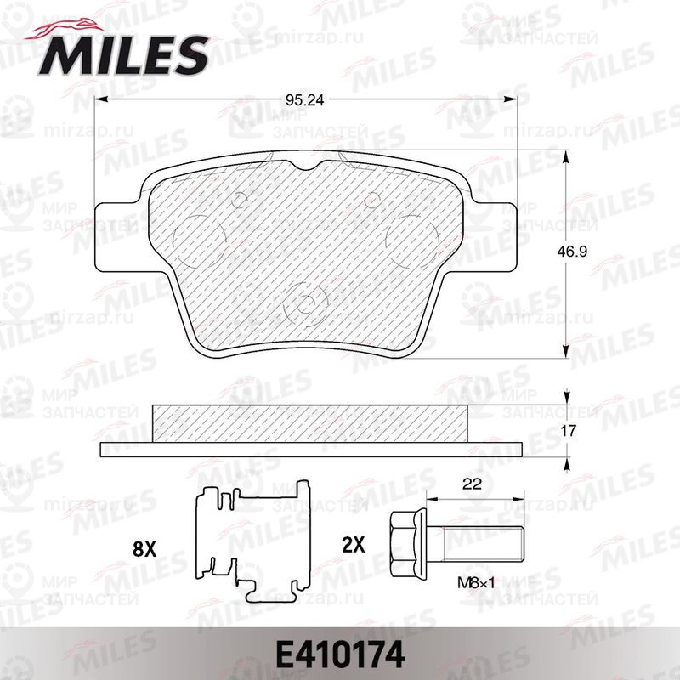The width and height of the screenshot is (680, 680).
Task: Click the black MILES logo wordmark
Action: coord(123,56)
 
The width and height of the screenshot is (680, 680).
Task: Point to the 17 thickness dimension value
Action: coord(569,431)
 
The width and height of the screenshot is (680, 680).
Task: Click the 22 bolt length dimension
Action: coord(473,484)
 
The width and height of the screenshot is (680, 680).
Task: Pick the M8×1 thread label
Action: coord(476,583)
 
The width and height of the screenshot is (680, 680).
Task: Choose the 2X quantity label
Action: coord(354,545)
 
